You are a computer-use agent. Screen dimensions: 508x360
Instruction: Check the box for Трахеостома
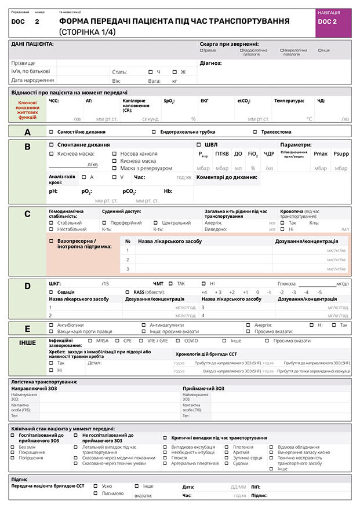pos(255,132)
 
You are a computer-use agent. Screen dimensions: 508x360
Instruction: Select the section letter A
pos(27,132)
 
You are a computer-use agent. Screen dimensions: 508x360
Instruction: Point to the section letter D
pos(27,286)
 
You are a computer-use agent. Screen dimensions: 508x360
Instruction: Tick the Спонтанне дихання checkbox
pos(52,145)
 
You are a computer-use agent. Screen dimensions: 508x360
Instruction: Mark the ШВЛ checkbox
pos(199,145)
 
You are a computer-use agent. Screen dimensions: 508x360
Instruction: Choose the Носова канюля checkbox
pos(115,154)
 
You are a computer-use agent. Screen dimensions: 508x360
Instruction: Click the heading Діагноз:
pos(211,63)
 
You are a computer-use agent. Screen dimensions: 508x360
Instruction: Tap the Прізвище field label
pos(23,63)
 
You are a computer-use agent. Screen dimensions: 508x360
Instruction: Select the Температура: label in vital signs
pos(289,101)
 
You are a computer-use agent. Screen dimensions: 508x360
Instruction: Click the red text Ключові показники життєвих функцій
pos(28,109)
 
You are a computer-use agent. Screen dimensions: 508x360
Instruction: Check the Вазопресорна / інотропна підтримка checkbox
pos(52,240)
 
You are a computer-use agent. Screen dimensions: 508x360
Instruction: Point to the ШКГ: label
pos(55,284)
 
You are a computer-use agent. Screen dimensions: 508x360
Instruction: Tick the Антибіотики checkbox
pos(52,325)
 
